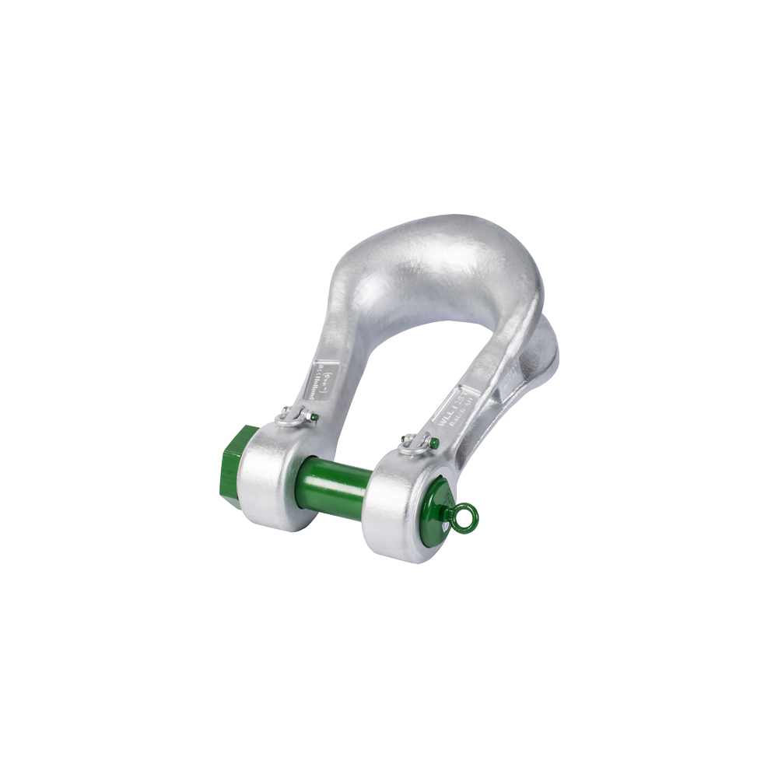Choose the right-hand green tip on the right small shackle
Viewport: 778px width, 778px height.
click(433, 443)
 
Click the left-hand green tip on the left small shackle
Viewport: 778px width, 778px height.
click(281, 413)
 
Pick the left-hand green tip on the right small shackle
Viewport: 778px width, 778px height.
click(401, 440)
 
